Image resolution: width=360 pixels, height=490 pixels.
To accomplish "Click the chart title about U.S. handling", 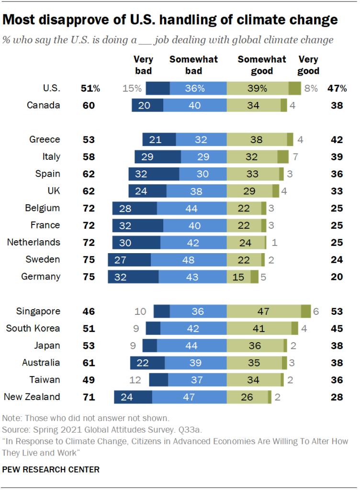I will [x=170, y=20].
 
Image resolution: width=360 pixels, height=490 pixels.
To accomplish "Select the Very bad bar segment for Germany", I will [x=133, y=277].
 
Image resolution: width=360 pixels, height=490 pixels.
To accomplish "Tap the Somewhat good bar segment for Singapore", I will [x=263, y=311].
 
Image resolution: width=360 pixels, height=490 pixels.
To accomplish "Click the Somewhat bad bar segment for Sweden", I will [x=188, y=259].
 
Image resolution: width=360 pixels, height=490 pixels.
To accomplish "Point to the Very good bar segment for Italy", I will [x=283, y=156].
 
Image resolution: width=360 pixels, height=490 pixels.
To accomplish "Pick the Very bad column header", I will [x=143, y=65].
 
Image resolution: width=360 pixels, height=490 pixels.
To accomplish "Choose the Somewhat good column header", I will [x=262, y=65].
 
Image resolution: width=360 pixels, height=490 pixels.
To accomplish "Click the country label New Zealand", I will [x=32, y=397].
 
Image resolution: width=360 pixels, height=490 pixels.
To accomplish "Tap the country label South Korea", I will [x=33, y=328].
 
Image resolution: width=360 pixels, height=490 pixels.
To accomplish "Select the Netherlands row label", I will [x=34, y=242].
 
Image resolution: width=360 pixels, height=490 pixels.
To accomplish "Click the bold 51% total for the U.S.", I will [x=90, y=88].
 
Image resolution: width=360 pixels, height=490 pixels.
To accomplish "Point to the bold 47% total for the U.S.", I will [x=337, y=88].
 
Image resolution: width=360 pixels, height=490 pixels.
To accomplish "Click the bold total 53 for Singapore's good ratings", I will [x=337, y=311].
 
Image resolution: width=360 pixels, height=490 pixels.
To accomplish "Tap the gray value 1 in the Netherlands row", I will [x=274, y=242].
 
